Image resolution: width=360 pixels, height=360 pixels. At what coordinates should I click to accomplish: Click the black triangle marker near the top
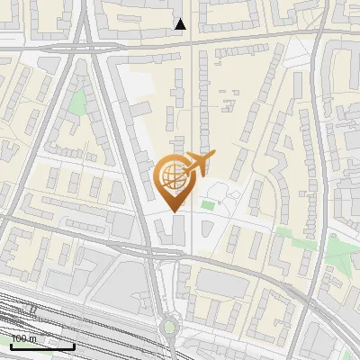pos(181,24)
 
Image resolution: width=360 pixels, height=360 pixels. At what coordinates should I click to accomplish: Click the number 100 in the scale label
pos(20,339)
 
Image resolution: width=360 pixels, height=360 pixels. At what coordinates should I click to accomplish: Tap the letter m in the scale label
pos(33,339)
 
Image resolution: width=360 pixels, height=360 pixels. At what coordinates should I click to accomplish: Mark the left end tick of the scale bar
pos(11,346)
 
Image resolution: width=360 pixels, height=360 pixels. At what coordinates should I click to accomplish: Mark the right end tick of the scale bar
pos(74,346)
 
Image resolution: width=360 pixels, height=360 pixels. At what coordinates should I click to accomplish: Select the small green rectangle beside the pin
pos(209,205)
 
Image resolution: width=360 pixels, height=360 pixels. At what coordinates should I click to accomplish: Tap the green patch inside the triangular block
pos(79,103)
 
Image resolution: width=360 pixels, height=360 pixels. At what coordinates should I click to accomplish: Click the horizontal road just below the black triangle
pos(225,38)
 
